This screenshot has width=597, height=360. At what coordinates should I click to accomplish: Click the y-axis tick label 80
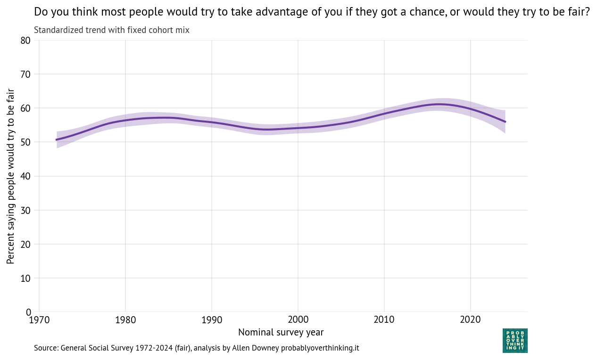pos(25,41)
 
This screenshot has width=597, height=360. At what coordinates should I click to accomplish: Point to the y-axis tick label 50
pos(25,142)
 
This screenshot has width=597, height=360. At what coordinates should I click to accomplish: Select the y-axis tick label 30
pos(25,210)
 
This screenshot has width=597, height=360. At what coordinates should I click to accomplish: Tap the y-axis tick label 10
pos(25,278)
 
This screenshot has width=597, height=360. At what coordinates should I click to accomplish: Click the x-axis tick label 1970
pos(39,320)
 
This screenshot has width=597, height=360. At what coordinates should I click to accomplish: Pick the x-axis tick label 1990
pos(211,320)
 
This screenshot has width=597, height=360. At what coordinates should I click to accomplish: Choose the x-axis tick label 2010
pos(384,320)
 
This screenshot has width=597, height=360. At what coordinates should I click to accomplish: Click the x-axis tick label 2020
pos(470,320)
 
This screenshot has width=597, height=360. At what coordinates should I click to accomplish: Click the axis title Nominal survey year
pos(281,332)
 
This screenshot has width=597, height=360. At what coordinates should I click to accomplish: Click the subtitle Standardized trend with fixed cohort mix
pos(112,30)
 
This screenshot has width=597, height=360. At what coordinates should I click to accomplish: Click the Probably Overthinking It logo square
pos(515,341)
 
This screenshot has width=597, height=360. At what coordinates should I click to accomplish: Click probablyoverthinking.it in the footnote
pos(320,348)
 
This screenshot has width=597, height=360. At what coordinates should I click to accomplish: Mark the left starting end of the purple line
pos(57,139)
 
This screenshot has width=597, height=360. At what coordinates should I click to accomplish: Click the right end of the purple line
pos(505,122)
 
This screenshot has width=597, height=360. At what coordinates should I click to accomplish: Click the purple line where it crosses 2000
pos(298,128)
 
